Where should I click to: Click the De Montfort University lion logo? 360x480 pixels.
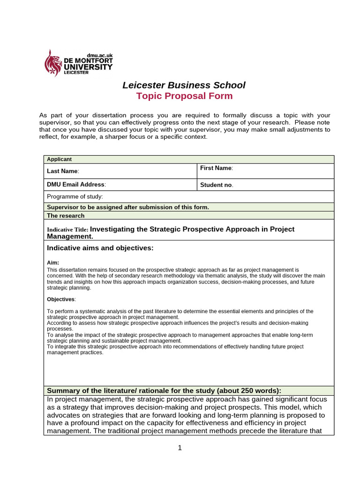(53, 63)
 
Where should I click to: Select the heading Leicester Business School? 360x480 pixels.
(184, 85)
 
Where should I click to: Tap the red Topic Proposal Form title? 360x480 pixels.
(184, 96)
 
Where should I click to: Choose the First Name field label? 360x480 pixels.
(216, 168)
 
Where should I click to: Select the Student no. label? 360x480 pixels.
(217, 185)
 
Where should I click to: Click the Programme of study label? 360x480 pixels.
(75, 197)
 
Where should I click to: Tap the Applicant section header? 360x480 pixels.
(60, 159)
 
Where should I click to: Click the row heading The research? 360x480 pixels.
(66, 216)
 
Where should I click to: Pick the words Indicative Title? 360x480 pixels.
(67, 230)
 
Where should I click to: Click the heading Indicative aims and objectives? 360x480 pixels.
(100, 247)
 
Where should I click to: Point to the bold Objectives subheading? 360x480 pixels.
(61, 299)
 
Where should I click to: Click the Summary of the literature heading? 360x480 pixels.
(164, 390)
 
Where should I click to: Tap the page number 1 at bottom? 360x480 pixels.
(180, 448)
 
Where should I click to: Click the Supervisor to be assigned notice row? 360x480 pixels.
(128, 207)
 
